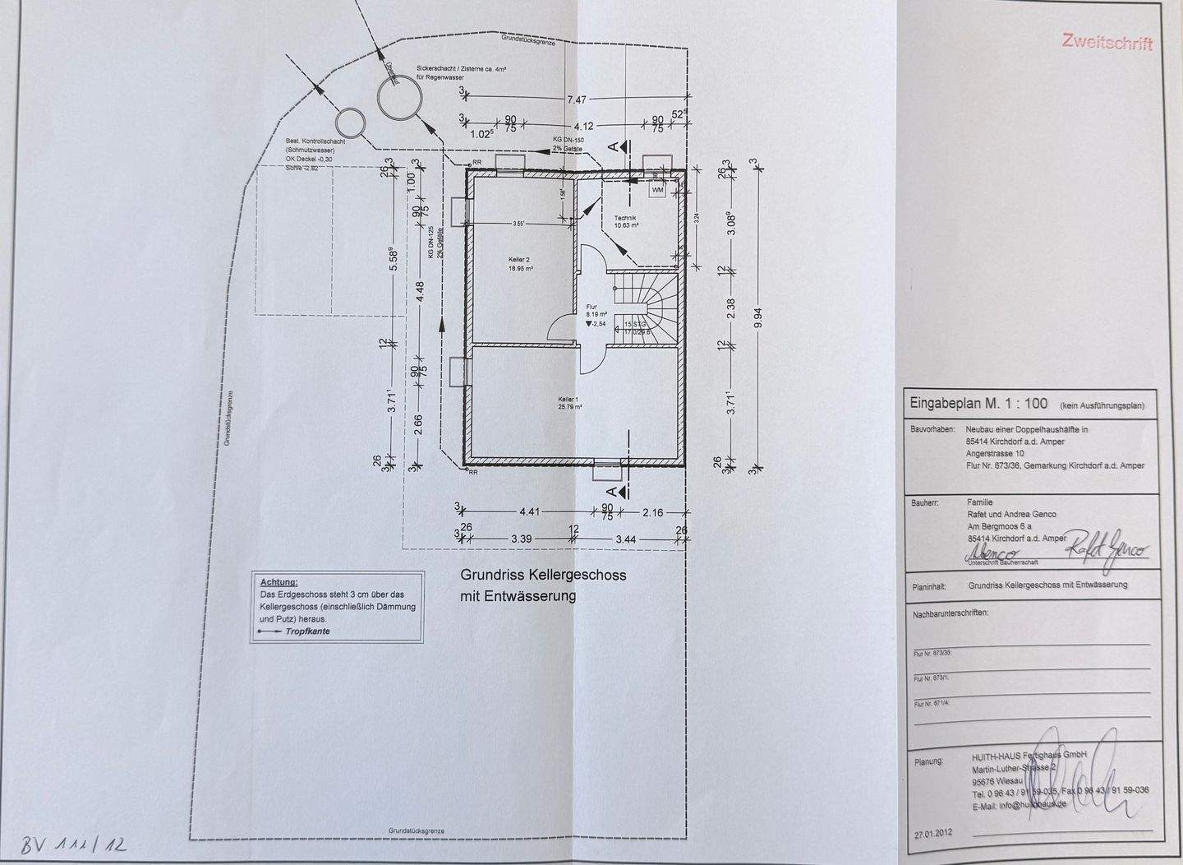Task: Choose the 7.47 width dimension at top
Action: pos(578,99)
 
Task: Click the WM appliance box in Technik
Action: pos(657,190)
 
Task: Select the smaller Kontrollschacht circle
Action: pos(349,124)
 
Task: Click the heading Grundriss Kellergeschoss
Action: pos(543,576)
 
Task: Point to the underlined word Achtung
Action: pos(278,582)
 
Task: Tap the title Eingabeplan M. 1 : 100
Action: pos(978,404)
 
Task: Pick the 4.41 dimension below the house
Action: pos(529,512)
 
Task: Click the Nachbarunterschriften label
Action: pos(951,614)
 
